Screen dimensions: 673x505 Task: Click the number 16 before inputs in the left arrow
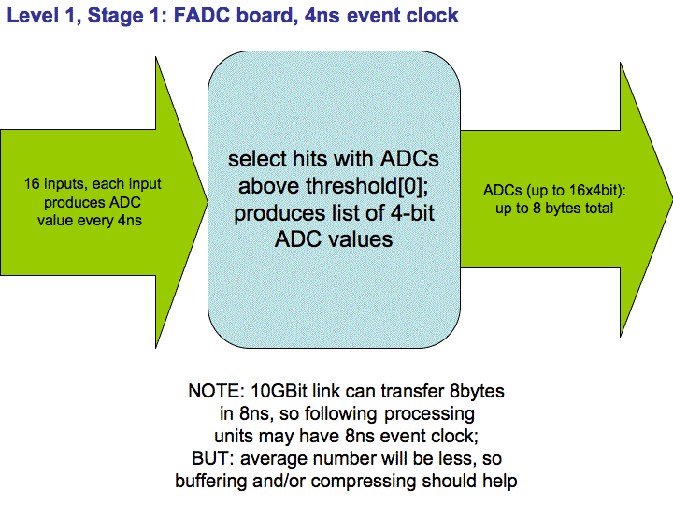click(x=32, y=184)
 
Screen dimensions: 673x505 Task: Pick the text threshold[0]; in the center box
click(x=366, y=186)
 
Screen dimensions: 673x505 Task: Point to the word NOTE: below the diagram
click(x=216, y=391)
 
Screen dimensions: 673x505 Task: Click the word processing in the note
click(x=429, y=414)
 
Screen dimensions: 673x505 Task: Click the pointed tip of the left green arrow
click(x=208, y=201)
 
